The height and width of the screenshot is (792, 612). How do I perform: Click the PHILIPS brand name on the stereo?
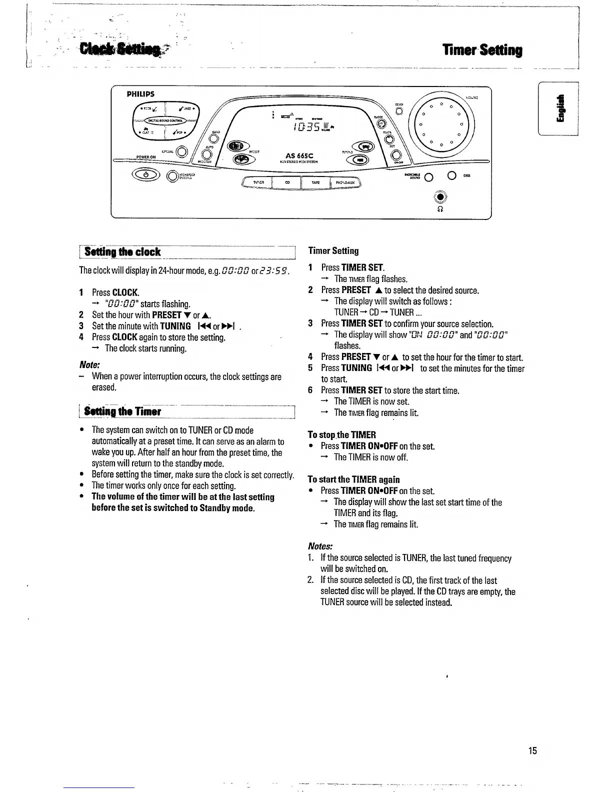click(x=140, y=94)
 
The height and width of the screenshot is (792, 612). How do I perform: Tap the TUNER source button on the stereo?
click(x=258, y=183)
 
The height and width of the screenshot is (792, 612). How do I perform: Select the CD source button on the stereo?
click(x=287, y=183)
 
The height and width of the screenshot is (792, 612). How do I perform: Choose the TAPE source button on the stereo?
click(x=315, y=183)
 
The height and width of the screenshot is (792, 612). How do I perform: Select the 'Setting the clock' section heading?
click(x=122, y=252)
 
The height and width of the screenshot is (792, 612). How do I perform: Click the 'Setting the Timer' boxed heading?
click(x=122, y=412)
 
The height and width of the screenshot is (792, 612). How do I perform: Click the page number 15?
click(x=532, y=750)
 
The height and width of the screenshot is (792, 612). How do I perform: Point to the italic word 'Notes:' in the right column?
click(x=320, y=546)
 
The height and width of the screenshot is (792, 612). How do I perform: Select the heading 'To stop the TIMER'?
click(x=342, y=435)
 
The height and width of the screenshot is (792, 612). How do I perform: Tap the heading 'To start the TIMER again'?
click(x=353, y=479)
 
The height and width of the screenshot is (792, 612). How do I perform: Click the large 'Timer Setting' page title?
click(x=482, y=50)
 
